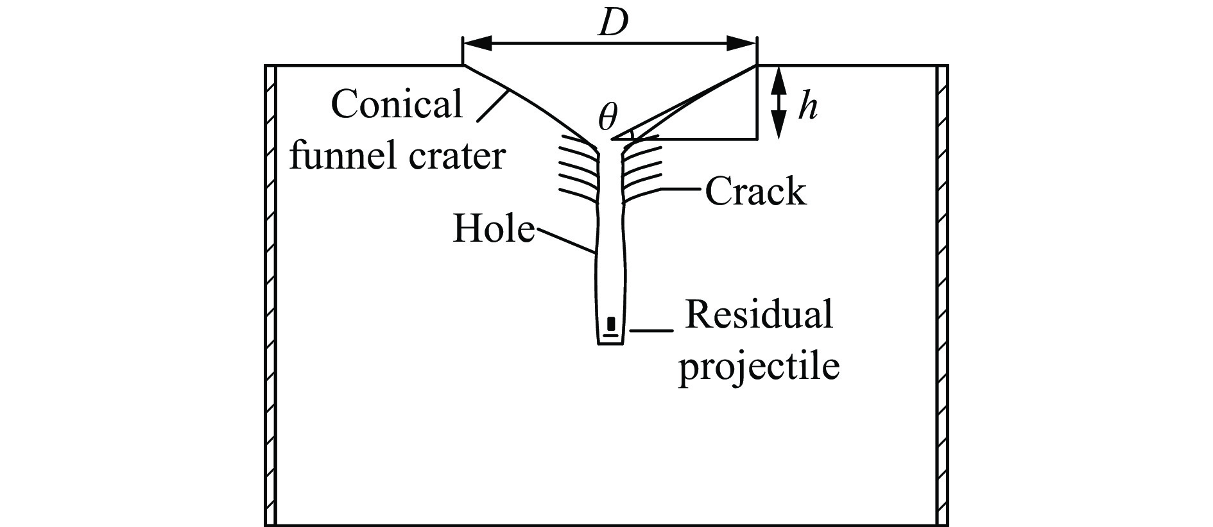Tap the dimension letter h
tap(807, 107)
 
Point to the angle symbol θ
tap(607, 117)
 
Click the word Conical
tap(397, 105)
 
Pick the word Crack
tap(755, 191)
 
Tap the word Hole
tap(494, 229)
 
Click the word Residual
tap(759, 315)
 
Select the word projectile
tap(759, 366)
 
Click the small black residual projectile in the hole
tap(611, 323)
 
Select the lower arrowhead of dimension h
tap(778, 127)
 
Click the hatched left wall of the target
tap(271, 295)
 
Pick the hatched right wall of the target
tap(942, 295)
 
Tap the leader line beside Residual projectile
tap(652, 331)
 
